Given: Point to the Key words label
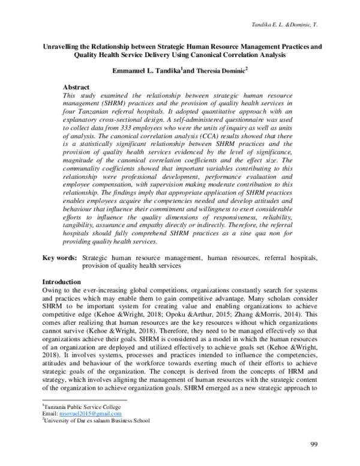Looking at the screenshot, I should pos(59,258).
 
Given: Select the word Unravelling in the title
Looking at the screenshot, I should pos(64,45).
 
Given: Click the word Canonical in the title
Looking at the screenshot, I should pos(238,55).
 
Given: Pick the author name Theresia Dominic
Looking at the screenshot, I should pos(223,70).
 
